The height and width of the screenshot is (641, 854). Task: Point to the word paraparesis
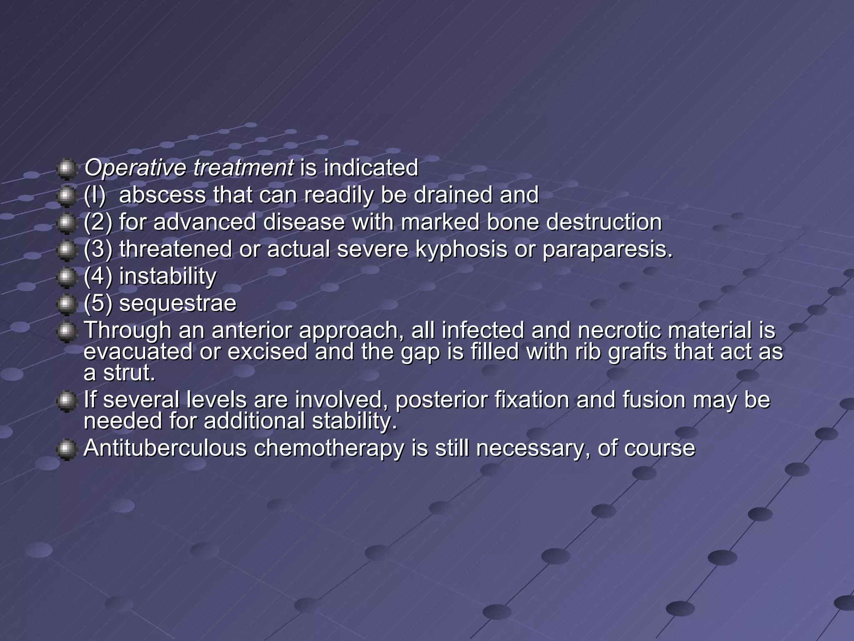608,249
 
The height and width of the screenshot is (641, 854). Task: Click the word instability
168,276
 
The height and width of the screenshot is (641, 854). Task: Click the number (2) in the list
98,222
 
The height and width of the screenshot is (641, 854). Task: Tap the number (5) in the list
98,303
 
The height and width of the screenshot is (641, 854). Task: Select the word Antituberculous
165,448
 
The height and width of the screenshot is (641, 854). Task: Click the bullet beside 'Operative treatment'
66,169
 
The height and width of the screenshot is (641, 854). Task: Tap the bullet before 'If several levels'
66,401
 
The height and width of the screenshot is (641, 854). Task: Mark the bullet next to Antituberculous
66,449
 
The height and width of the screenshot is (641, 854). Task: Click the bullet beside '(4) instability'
66,277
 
